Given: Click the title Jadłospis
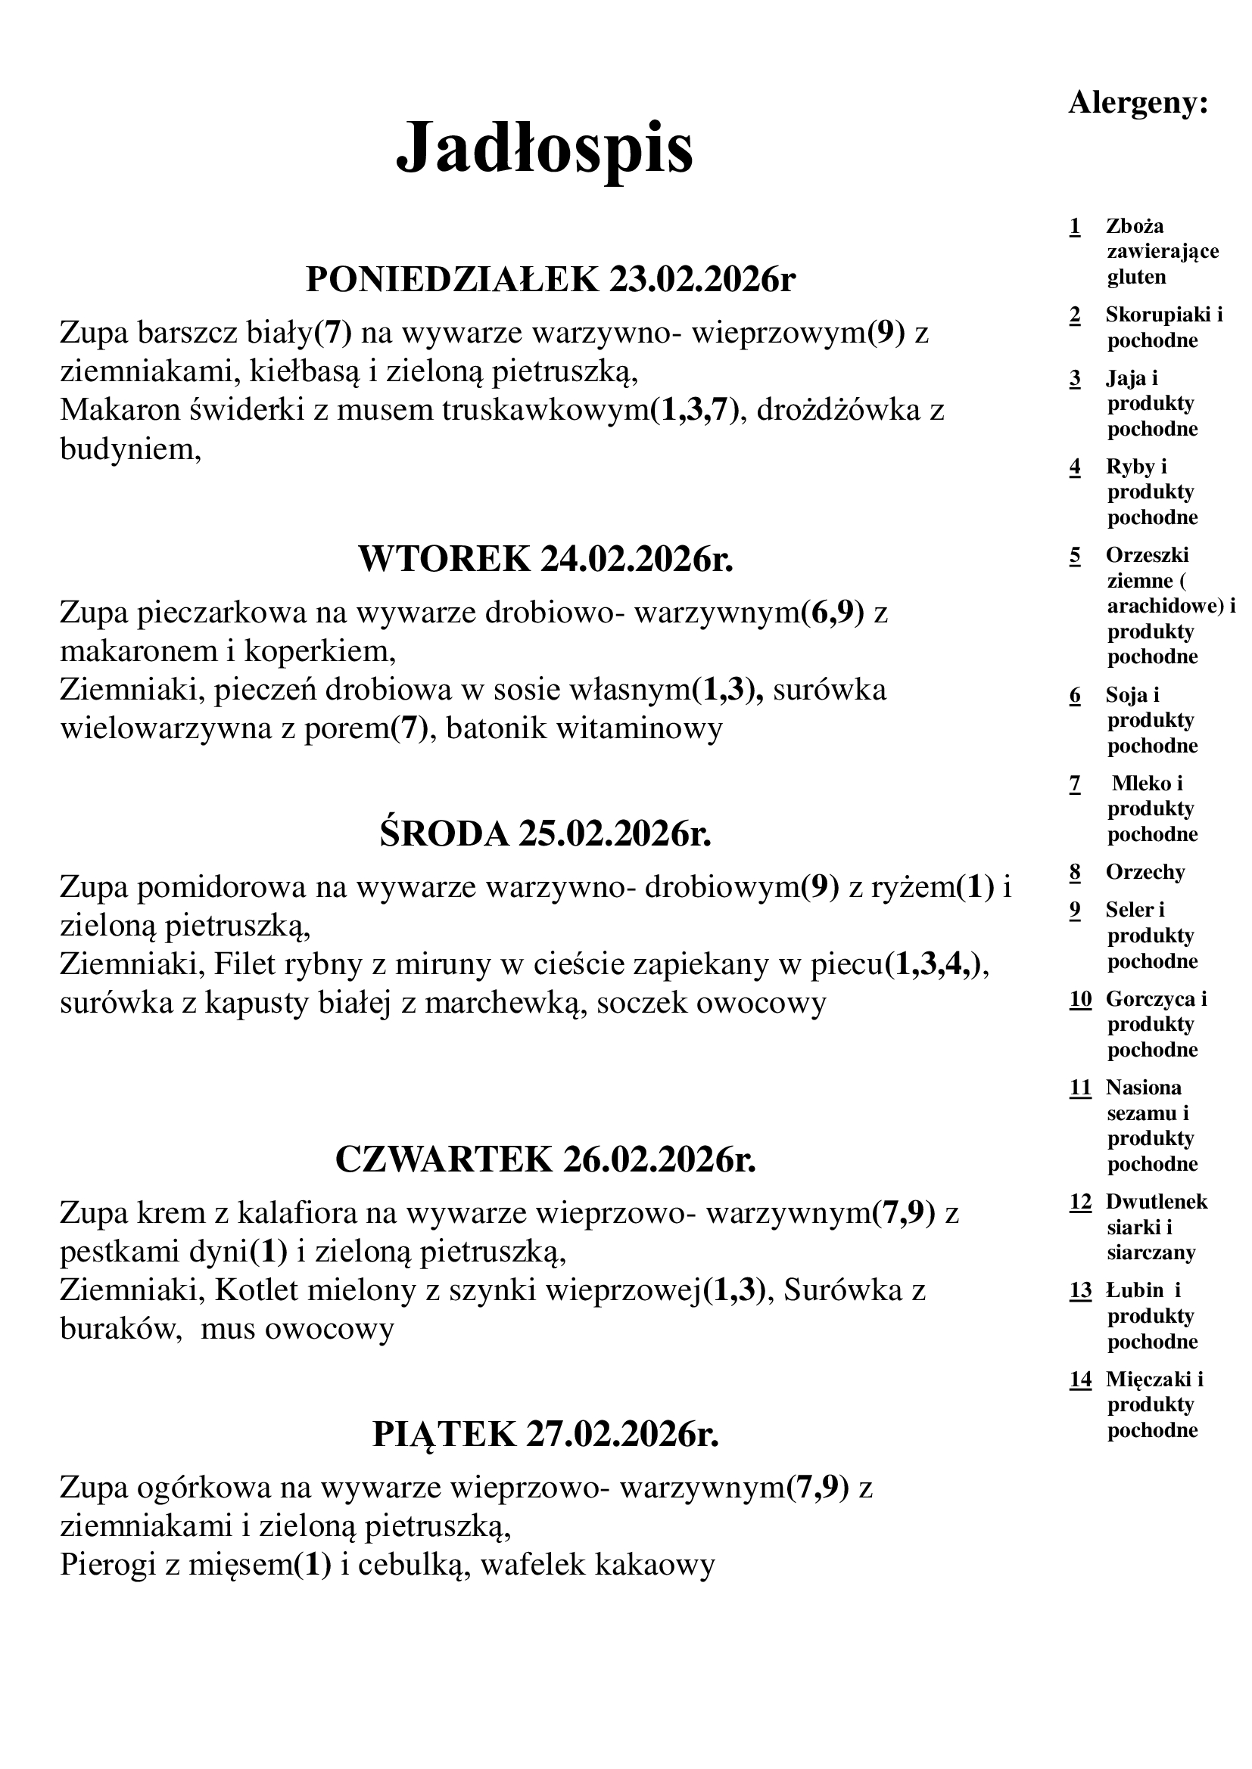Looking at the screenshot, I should click(544, 148).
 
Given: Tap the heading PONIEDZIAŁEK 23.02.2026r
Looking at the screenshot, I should click(550, 279).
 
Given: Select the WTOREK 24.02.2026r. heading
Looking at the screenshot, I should click(546, 559).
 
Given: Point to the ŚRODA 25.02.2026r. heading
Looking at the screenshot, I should click(545, 833).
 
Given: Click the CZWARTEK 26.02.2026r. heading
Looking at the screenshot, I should click(546, 1159).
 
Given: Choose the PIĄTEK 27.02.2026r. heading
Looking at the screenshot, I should click(546, 1434).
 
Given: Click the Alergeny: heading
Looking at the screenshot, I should click(1138, 102).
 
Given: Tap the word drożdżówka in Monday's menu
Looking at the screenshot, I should click(842, 410).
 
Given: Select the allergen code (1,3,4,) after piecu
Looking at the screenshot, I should click(932, 964).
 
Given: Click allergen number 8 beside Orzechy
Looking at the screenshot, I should click(1076, 872).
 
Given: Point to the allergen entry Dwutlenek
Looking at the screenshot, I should click(1157, 1201).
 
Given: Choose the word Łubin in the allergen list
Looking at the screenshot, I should click(1134, 1290).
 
